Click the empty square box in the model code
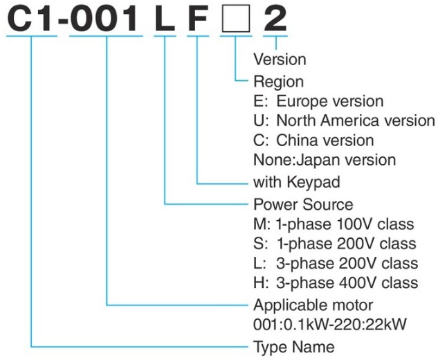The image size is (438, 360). click(236, 19)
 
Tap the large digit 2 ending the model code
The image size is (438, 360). click(275, 19)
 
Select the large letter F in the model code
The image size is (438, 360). click(198, 19)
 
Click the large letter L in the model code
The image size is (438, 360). click(165, 19)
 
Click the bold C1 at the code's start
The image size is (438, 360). click(30, 19)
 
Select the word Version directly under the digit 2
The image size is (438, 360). click(280, 60)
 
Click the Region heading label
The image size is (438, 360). click(278, 82)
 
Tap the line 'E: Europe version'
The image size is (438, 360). click(318, 101)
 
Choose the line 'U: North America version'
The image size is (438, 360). click(344, 120)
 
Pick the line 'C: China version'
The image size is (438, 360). click(313, 141)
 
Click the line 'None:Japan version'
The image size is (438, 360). click(325, 160)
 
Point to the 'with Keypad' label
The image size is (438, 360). click(297, 182)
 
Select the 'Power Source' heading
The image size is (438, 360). click(303, 205)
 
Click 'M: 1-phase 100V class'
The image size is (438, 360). click(334, 224)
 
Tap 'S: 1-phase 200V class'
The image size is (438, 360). click(335, 244)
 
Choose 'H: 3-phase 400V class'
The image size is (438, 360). click(336, 283)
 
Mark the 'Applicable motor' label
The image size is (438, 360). click(313, 305)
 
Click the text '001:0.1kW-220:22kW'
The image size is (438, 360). click(329, 325)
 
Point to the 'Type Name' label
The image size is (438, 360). click(294, 348)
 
